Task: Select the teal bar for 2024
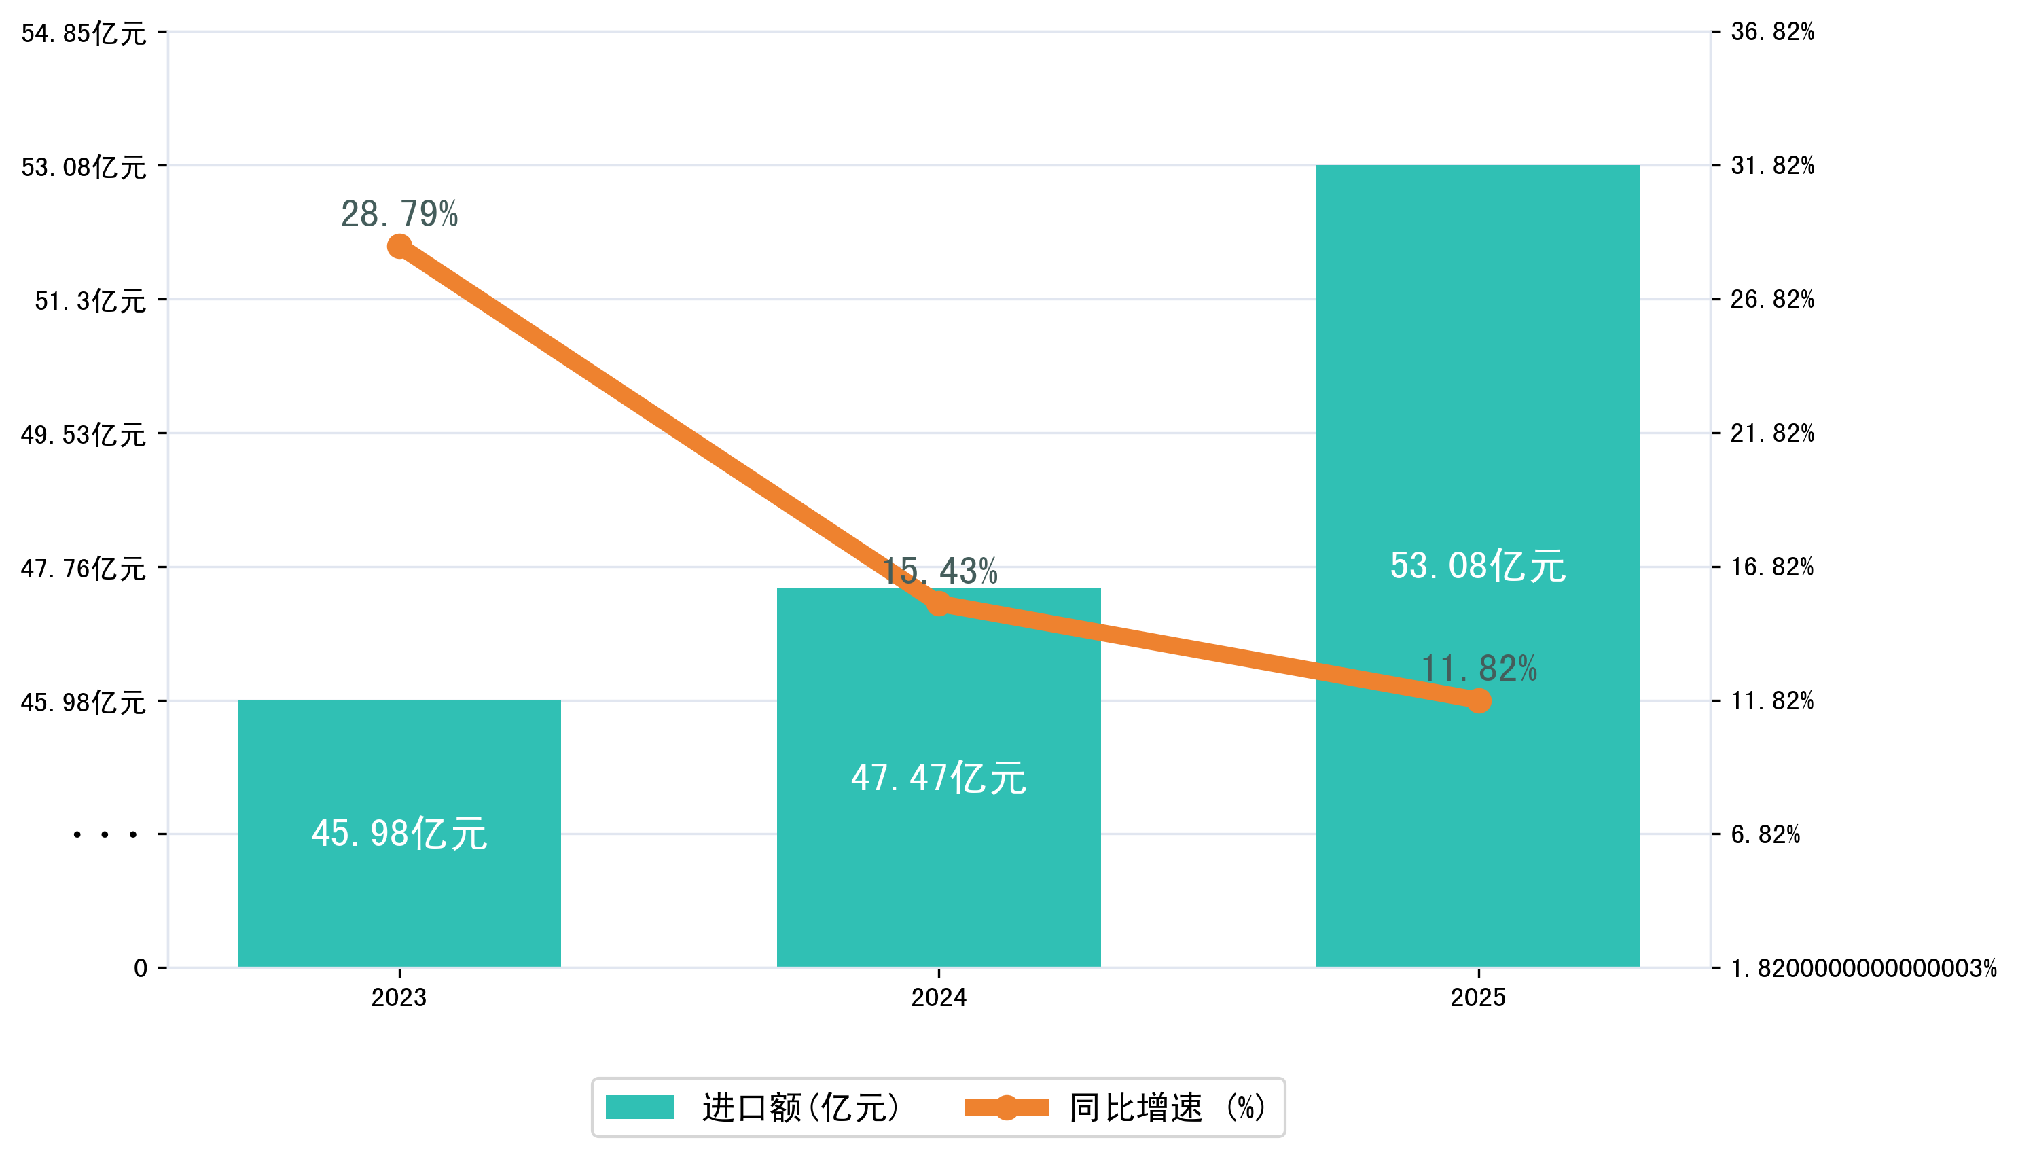tap(938, 866)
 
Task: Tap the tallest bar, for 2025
tap(1478, 397)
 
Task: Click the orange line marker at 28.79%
tap(399, 247)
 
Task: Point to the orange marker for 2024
tap(938, 605)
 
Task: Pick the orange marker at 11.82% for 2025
tap(1478, 701)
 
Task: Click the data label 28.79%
tap(399, 214)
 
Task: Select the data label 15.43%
tap(941, 571)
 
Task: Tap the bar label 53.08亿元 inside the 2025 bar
tap(1478, 566)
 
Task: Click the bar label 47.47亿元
tap(938, 777)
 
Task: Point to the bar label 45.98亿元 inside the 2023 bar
tap(399, 834)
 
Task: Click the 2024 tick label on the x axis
tap(938, 997)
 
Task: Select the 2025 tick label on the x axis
tap(1478, 997)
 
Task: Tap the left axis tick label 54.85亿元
tap(84, 33)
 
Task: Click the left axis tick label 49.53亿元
tap(84, 435)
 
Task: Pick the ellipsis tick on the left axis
tap(105, 835)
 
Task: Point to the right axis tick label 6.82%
tap(1765, 834)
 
